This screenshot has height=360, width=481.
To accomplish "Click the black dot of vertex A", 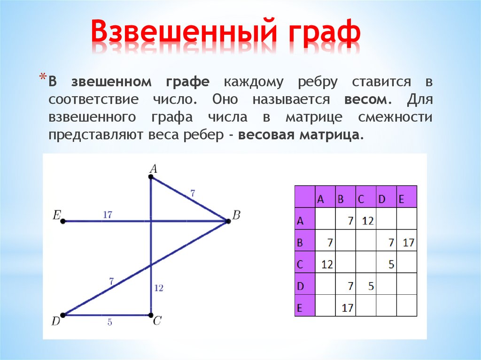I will (151, 177).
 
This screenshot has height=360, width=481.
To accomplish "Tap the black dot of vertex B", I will (228, 221).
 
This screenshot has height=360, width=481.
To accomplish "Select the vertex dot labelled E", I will (62, 221).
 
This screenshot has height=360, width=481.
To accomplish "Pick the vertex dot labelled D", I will (62, 315).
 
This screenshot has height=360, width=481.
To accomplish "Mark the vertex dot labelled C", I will (151, 315).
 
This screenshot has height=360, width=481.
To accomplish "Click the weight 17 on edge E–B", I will (107, 214).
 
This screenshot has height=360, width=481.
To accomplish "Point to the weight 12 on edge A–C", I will (158, 288).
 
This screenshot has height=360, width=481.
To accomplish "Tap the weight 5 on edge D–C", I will (109, 323).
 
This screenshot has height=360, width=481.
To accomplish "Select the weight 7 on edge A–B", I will (192, 192).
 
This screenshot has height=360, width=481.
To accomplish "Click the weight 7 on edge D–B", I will (111, 282).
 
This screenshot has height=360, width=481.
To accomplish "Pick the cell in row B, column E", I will (407, 243).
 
